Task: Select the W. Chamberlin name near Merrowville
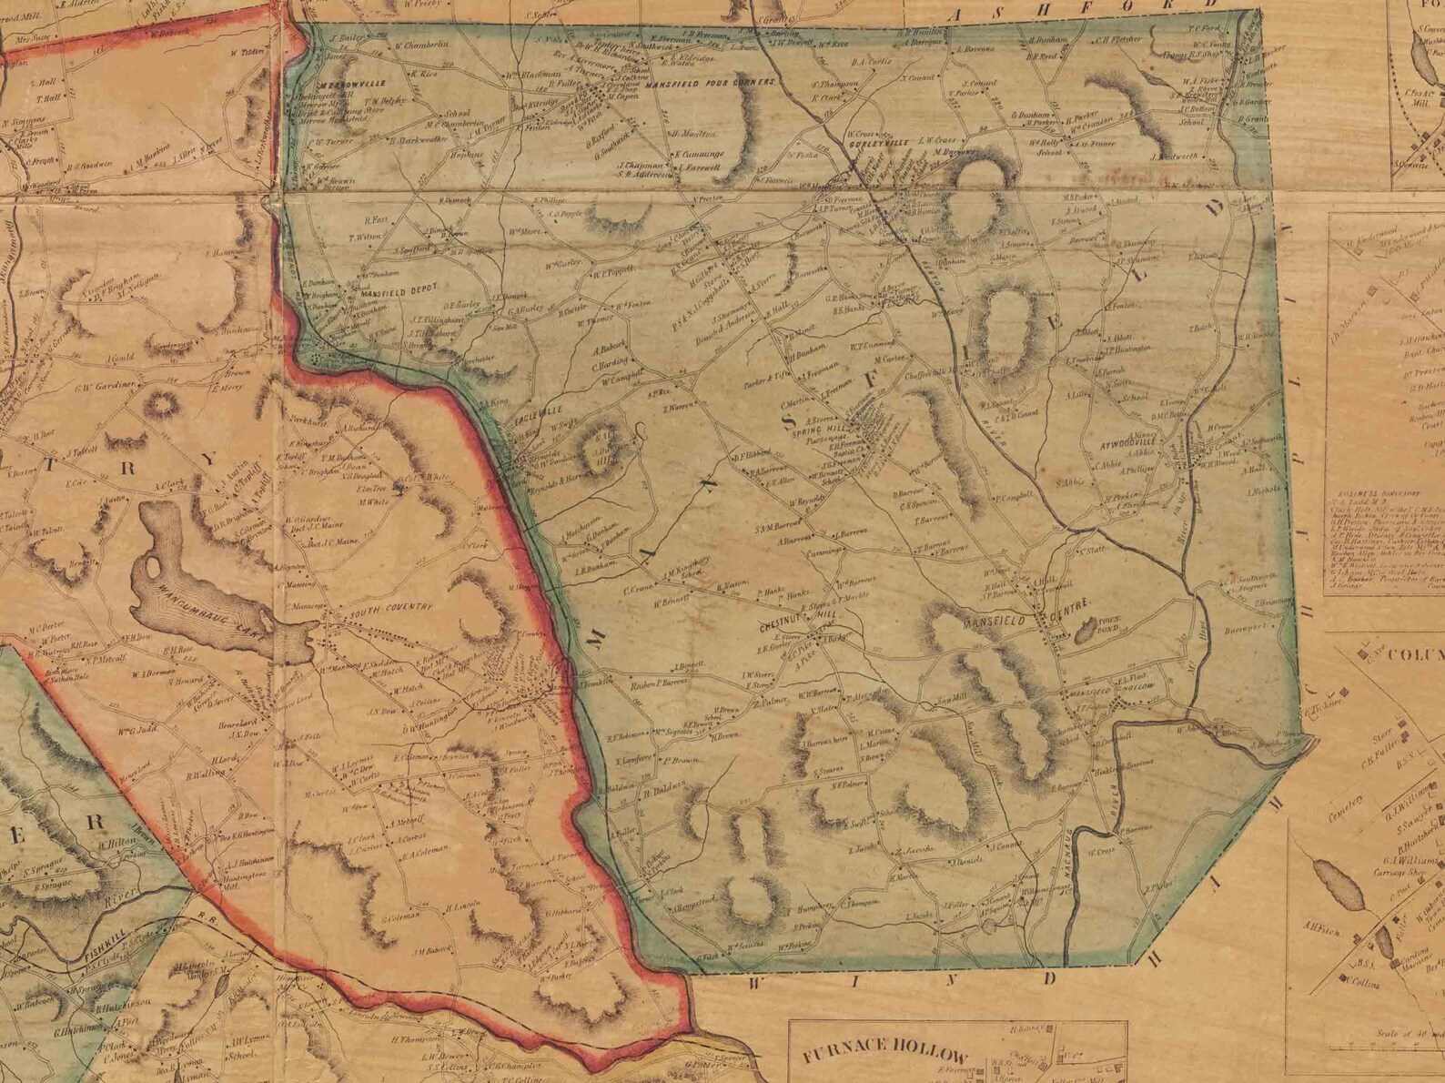tap(422, 46)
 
